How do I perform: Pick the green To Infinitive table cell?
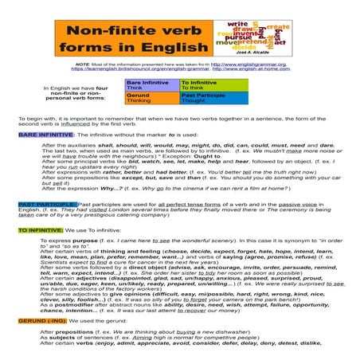202,85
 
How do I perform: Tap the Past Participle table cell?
202,98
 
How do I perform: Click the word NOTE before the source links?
83,65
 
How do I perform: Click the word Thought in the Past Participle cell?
194,101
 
